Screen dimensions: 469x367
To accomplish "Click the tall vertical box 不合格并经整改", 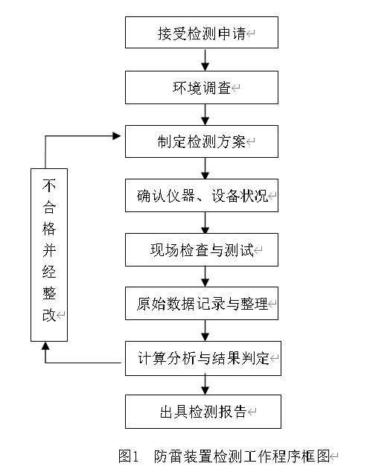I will click(x=49, y=254).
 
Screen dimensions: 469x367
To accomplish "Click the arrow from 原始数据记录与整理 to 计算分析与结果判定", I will click(x=205, y=331).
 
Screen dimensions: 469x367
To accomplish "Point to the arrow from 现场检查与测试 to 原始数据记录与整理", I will click(x=205, y=278).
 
